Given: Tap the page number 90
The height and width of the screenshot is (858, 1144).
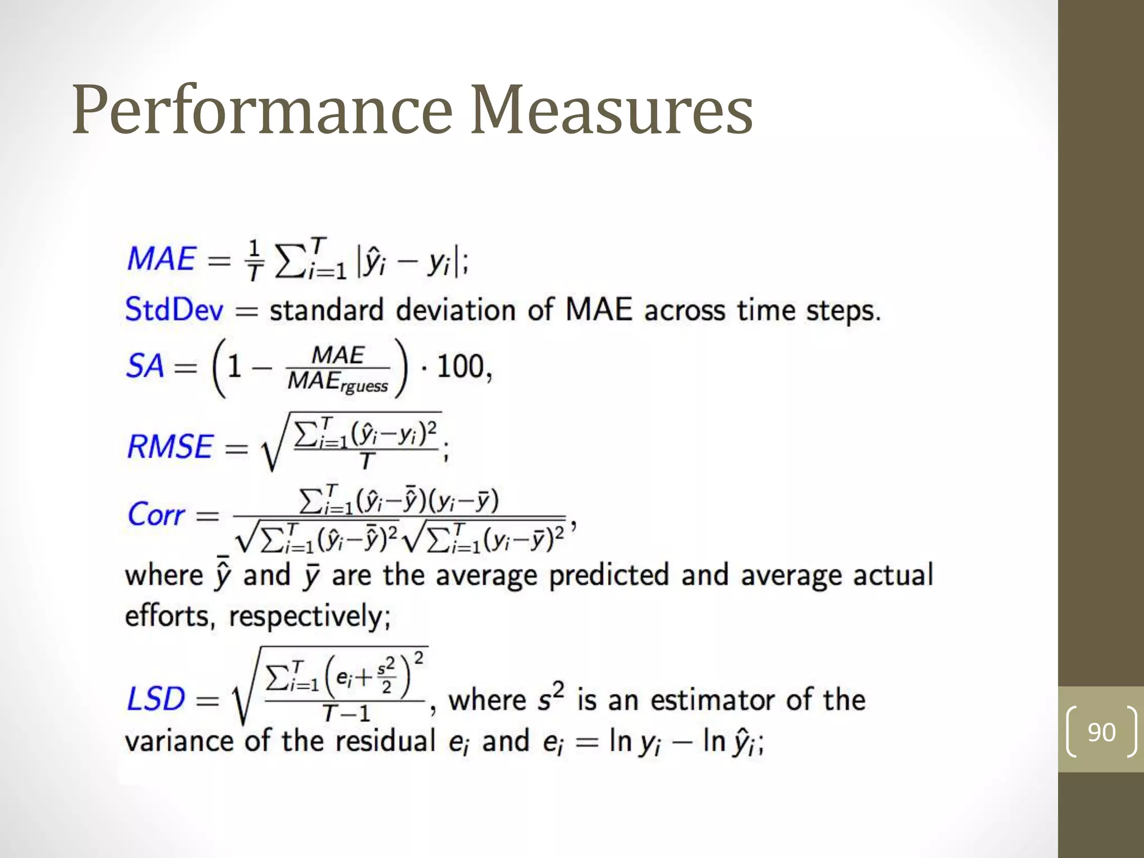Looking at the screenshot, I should tap(1101, 732).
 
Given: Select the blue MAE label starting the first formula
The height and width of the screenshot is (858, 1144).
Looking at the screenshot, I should tap(161, 259).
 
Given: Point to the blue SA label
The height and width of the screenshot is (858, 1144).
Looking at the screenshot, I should tap(145, 367).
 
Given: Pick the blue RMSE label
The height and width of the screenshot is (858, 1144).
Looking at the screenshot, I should tap(170, 447).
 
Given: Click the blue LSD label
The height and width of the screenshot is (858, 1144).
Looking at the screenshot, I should tap(156, 699).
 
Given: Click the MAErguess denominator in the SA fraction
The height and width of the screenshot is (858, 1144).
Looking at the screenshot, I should tap(337, 383).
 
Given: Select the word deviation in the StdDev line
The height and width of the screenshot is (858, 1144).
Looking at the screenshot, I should tap(456, 310).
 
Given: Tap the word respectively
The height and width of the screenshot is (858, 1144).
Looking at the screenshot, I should tap(309, 617).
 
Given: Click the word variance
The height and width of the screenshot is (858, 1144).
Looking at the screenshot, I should tap(179, 742).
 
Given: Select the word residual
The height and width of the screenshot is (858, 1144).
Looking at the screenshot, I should tap(385, 742).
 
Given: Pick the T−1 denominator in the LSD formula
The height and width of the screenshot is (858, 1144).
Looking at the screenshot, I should tap(346, 714).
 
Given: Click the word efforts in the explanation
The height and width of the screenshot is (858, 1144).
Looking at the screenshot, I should tap(167, 617).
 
